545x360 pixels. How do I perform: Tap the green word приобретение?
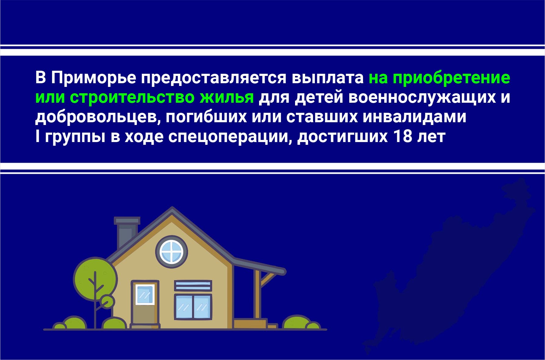pyautogui.click(x=451, y=78)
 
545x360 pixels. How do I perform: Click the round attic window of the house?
pyautogui.click(x=172, y=252)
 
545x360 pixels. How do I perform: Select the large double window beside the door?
pyautogui.click(x=193, y=307)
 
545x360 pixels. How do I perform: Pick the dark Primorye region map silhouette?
pyautogui.click(x=451, y=268)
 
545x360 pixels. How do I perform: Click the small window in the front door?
pyautogui.click(x=145, y=294)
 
